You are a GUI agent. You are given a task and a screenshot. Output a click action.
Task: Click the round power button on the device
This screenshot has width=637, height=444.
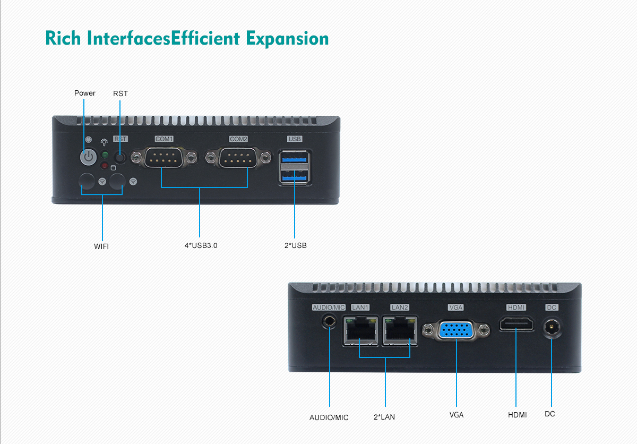(x=88, y=157)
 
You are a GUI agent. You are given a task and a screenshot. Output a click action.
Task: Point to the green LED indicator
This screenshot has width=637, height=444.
(x=105, y=155)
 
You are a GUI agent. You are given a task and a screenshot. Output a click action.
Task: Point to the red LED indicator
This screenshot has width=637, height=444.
(x=105, y=166)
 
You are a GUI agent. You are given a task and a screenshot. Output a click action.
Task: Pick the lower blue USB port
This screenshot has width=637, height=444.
(x=294, y=178)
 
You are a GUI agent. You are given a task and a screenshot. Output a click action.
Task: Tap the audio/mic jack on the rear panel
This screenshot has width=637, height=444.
(x=330, y=321)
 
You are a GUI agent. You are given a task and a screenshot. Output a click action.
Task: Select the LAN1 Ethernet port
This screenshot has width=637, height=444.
(x=360, y=330)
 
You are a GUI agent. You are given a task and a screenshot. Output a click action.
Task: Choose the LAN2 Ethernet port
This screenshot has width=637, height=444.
(x=399, y=330)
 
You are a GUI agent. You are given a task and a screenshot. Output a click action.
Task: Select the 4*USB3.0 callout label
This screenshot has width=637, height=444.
(x=201, y=246)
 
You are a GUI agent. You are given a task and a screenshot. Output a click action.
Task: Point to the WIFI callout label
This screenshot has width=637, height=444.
(x=101, y=246)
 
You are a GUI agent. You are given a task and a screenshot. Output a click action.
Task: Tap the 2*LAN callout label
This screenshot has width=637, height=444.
(x=384, y=417)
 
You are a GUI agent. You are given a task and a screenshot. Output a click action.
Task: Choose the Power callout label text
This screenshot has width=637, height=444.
(x=85, y=93)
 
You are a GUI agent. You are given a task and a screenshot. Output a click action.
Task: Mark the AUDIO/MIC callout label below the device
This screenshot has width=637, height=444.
(x=329, y=418)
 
